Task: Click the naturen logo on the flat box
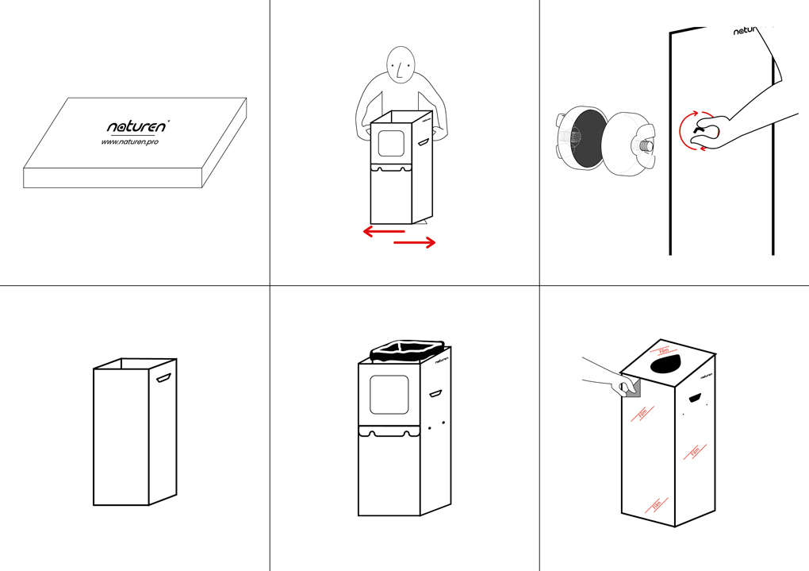(x=137, y=125)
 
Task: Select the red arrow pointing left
(x=384, y=231)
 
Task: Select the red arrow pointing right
(x=415, y=243)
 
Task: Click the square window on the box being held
(x=391, y=143)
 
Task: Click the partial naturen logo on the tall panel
(x=750, y=32)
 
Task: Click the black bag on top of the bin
(x=404, y=350)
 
